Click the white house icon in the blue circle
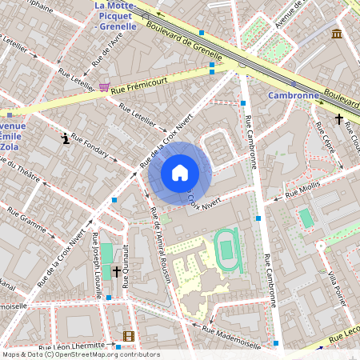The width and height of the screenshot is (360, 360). [180, 172]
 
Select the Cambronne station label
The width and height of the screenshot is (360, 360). [293, 95]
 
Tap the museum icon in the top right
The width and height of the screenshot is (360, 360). [337, 34]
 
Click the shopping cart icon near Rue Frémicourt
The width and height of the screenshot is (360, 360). [105, 86]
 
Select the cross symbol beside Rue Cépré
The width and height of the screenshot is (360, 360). [338, 120]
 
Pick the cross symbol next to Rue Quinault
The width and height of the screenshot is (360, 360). [117, 272]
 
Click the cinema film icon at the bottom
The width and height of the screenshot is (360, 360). [128, 336]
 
